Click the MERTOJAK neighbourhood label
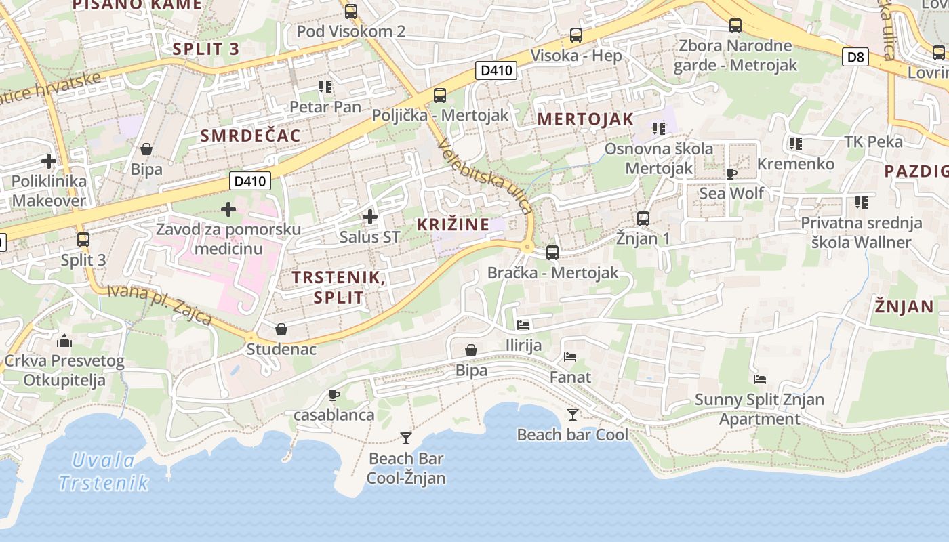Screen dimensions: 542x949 tap(586, 119)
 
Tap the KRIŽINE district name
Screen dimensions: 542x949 tap(453, 224)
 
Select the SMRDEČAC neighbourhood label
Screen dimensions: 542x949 tap(250, 135)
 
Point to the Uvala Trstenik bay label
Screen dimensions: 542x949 tap(104, 472)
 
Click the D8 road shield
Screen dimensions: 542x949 tap(857, 57)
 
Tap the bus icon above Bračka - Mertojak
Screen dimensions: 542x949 tap(552, 253)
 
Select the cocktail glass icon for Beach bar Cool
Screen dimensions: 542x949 tap(573, 414)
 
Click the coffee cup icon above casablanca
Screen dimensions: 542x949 tap(334, 395)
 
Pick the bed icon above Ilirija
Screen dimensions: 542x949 tap(523, 325)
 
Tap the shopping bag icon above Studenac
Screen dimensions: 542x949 tap(281, 329)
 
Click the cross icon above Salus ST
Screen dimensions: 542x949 tap(369, 217)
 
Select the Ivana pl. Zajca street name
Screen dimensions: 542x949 tap(160, 305)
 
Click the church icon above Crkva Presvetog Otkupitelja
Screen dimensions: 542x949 tap(64, 340)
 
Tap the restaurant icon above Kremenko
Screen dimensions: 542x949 tap(796, 144)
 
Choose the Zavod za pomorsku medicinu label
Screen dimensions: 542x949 tap(228, 238)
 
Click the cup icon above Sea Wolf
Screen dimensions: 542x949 tap(731, 173)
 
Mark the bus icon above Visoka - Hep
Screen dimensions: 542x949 tap(576, 35)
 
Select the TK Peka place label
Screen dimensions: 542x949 tap(874, 142)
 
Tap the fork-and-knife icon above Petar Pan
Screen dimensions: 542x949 tap(325, 87)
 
